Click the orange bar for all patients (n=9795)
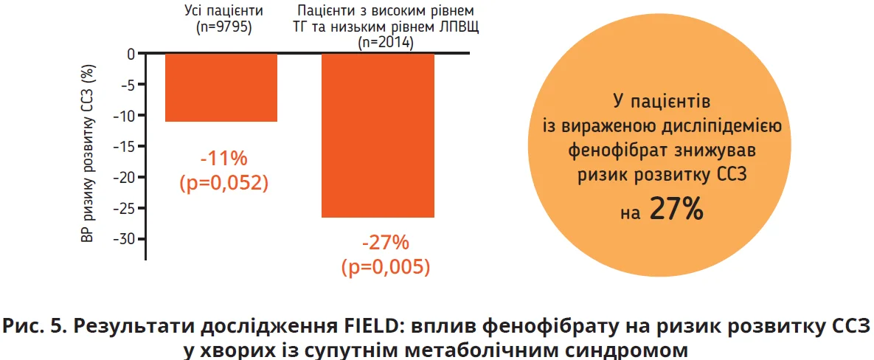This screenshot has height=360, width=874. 221,87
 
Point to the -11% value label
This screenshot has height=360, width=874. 223,159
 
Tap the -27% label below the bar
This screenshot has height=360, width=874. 385,243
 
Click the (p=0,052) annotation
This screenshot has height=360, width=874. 223,183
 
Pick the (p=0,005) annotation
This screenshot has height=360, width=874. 385,266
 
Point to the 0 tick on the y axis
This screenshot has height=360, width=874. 131,54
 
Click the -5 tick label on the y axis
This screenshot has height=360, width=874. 126,85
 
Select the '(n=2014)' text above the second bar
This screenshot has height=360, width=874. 385,43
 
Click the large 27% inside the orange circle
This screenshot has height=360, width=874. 676,210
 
